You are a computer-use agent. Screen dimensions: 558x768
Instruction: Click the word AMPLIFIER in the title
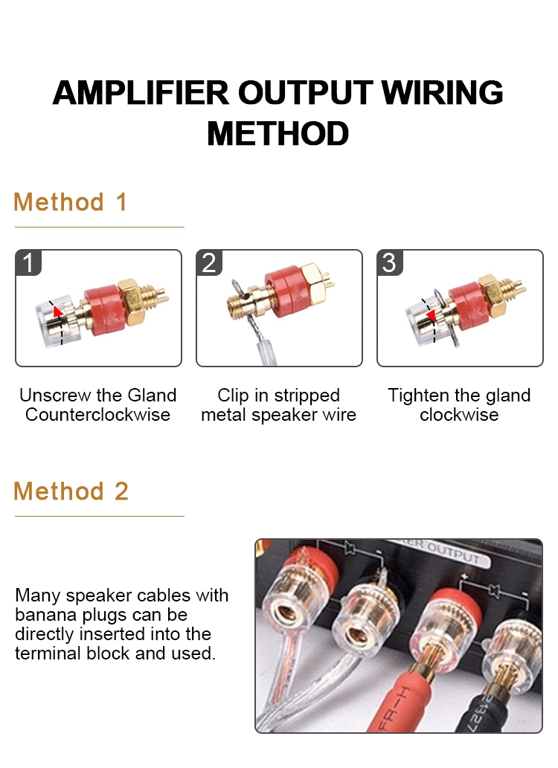coord(141,93)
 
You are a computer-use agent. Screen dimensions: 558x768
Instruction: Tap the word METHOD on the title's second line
coord(278,133)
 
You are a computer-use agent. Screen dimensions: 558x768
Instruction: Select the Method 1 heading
coord(71,201)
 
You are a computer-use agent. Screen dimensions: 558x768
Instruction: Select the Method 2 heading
coord(71,491)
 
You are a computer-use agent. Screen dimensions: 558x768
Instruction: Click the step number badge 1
coord(28,262)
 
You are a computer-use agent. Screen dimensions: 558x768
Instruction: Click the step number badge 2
coord(209,262)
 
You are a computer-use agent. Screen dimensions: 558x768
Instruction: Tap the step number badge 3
coord(390,262)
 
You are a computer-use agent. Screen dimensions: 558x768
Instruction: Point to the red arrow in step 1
coord(58,312)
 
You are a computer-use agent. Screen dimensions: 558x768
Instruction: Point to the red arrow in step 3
coord(431,315)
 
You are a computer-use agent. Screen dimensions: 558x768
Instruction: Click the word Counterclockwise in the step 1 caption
coord(97,415)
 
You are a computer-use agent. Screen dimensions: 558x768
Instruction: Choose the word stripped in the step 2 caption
coord(307,396)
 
